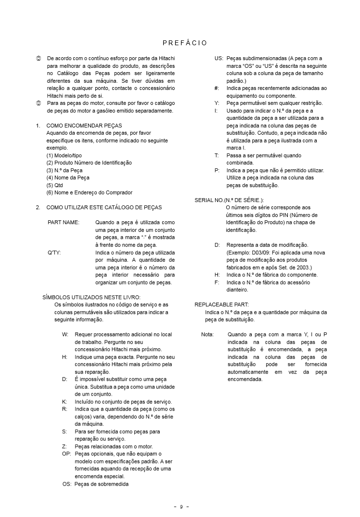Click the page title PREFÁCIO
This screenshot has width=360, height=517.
pos(185,43)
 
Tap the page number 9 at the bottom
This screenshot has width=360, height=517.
pos(181,506)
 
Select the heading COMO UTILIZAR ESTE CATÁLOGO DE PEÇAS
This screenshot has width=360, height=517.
pos(104,207)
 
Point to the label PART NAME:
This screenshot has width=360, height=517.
pos(64,223)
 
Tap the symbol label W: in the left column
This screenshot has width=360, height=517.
pos(65,334)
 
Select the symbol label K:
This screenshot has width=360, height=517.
pos(65,402)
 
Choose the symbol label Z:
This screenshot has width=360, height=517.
pos(65,446)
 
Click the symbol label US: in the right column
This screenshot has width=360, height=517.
pos(219,58)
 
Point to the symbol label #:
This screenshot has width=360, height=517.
pos(217,88)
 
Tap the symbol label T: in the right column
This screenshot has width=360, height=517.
pos(217,155)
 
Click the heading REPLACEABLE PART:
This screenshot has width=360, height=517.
pos(221,304)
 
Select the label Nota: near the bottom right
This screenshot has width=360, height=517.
pos(207,334)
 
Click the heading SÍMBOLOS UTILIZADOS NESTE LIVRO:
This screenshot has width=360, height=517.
pos(91,297)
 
